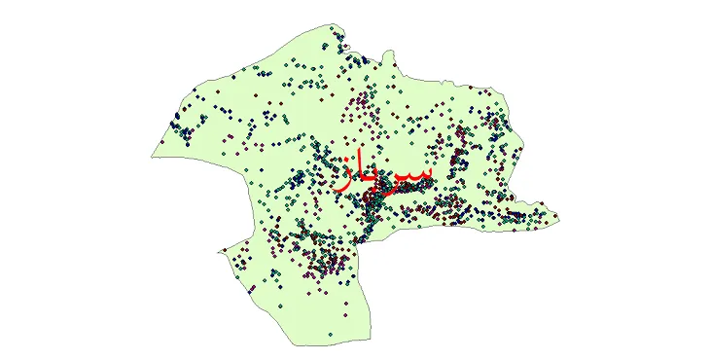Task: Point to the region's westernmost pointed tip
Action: [151, 154]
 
